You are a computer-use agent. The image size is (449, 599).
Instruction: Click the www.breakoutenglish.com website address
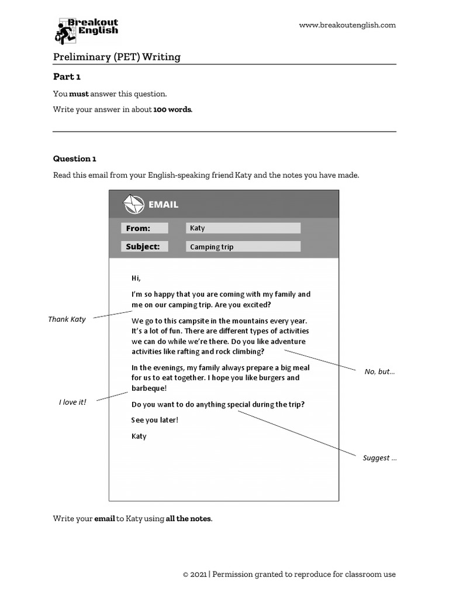[x=347, y=25]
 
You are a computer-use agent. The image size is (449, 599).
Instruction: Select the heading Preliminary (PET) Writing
[x=117, y=57]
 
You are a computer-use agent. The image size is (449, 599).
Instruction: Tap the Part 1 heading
[x=67, y=77]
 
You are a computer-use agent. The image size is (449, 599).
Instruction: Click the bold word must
[x=79, y=94]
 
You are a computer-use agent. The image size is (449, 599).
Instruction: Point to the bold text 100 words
[x=172, y=109]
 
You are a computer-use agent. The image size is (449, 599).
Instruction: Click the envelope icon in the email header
[x=133, y=204]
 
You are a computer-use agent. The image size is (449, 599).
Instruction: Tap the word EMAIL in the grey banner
[x=163, y=205]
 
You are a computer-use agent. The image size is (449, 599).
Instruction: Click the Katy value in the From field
[x=198, y=228]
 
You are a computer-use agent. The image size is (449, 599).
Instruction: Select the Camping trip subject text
[x=212, y=247]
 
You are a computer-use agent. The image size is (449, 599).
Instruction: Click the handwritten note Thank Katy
[x=67, y=319]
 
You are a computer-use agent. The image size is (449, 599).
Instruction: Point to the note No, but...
[x=379, y=371]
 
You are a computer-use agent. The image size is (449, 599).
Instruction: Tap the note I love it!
[x=72, y=402]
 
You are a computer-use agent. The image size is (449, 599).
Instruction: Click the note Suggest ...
[x=379, y=458]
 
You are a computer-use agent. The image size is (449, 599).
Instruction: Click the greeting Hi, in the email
[x=136, y=278]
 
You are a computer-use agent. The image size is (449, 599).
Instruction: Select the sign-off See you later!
[x=154, y=420]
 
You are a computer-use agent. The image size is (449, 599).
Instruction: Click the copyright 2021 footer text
[x=289, y=574]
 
